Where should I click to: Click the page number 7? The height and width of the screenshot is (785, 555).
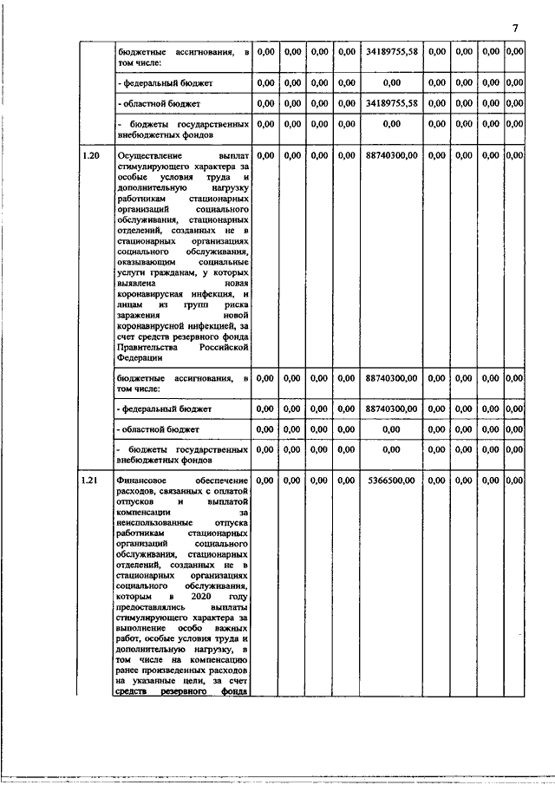[515, 29]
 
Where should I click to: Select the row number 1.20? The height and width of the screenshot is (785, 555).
[90, 155]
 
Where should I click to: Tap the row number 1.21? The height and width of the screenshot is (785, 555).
[90, 480]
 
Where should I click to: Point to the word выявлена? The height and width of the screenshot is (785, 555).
[137, 284]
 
